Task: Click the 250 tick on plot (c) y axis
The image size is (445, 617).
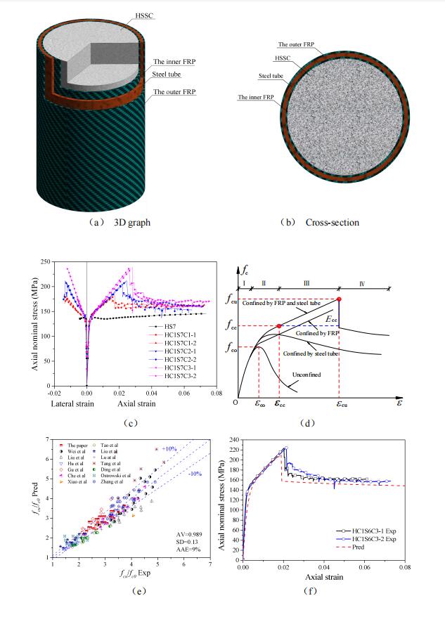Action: pyautogui.click(x=48, y=261)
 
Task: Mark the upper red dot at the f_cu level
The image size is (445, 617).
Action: pyautogui.click(x=340, y=299)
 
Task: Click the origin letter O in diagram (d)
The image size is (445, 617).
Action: pyautogui.click(x=237, y=401)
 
